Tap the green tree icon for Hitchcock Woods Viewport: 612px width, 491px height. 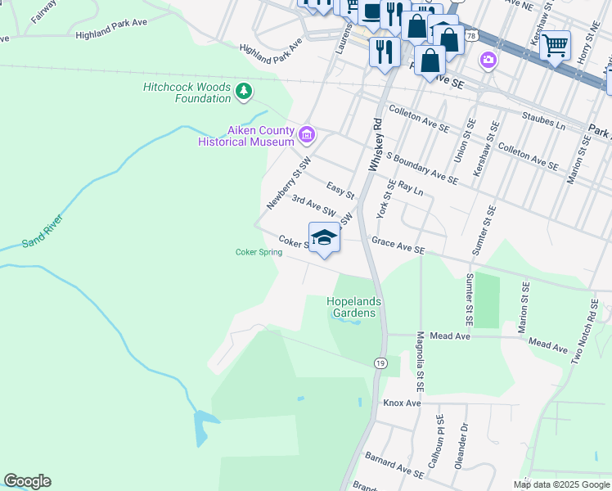tap(243, 92)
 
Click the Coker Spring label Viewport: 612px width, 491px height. tap(259, 252)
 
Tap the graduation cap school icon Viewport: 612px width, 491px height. tap(325, 237)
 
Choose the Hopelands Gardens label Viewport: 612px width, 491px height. tap(355, 307)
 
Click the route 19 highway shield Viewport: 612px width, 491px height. tap(380, 363)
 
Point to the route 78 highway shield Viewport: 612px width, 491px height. tap(471, 36)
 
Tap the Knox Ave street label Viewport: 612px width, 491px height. tap(402, 403)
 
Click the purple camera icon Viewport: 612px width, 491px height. tap(488, 59)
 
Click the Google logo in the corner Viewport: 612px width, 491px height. tap(27, 481)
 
